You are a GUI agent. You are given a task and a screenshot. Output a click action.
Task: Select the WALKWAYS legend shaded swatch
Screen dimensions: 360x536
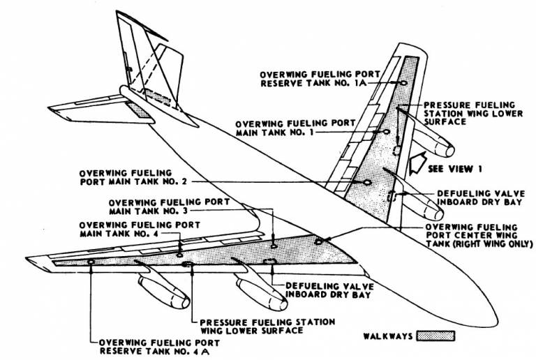435,336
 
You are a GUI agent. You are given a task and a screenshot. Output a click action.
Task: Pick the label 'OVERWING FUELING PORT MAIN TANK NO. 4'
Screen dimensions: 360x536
140,230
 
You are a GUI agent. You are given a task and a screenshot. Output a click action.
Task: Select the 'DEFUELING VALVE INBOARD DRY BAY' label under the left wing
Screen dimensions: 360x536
329,290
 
